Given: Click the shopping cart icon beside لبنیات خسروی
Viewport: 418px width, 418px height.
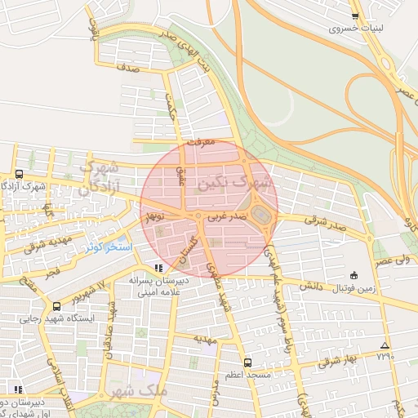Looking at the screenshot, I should pyautogui.click(x=354, y=16).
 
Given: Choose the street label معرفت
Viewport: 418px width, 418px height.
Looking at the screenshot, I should pyautogui.click(x=200, y=142).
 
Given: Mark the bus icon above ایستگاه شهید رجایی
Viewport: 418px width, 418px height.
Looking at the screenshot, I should pyautogui.click(x=56, y=306).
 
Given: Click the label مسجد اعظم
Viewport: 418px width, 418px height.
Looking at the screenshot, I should pyautogui.click(x=247, y=375).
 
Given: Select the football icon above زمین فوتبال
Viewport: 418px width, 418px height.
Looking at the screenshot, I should pyautogui.click(x=354, y=274).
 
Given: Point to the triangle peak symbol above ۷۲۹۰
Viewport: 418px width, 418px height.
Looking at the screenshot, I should pyautogui.click(x=385, y=345).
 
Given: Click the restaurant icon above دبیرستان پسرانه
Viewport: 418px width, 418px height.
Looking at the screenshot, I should pyautogui.click(x=158, y=267).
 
